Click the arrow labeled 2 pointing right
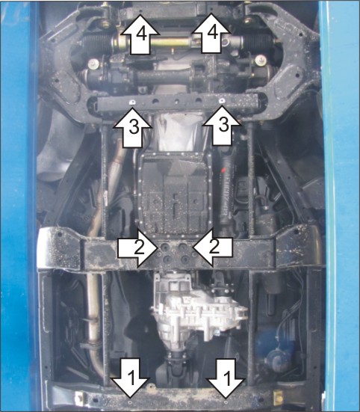coord(137,248)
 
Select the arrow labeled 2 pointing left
coord(213,247)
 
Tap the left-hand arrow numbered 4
coord(140,34)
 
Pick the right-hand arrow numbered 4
coord(211,34)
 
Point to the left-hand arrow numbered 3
coord(133,128)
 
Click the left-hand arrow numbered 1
coord(130,378)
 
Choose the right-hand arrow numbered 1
coord(226,378)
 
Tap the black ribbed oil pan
coord(174,194)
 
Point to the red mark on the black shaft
coord(223,171)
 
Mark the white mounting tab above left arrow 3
coord(132,102)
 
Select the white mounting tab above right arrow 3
coord(222,101)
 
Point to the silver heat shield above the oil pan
coord(179,132)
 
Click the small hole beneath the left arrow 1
coord(131,402)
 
